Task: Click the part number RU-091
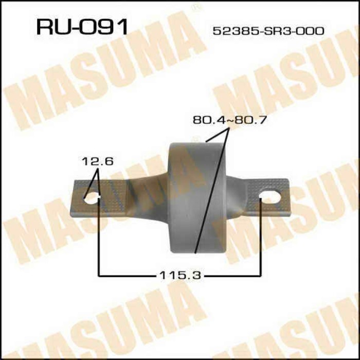click(x=81, y=26)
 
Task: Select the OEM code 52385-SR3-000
click(x=268, y=31)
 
